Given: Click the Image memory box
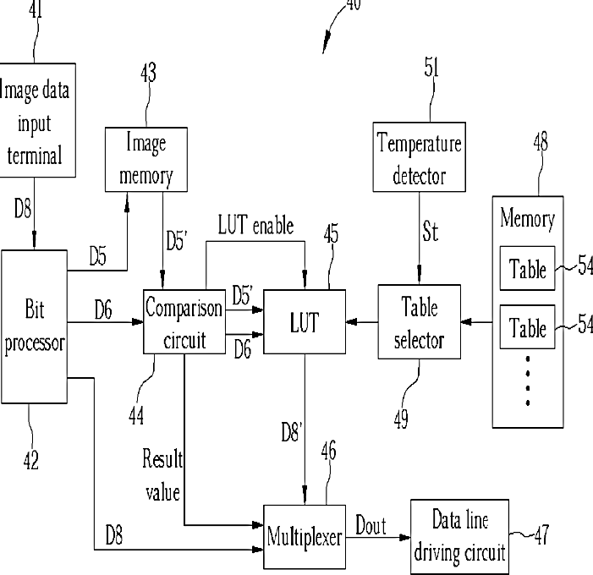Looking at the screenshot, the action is pos(146,159).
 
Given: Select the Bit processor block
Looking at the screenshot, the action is pos(35,326).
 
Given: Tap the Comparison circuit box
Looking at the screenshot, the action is pos(184,321).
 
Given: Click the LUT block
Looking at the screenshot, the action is pos(305,321).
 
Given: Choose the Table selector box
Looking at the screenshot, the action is pos(420,321).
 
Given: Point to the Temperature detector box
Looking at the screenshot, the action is pos(419,157).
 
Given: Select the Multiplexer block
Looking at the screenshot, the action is pos(305,536).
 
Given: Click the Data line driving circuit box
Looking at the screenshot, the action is pos(459,537).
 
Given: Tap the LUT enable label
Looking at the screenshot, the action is pos(255,225).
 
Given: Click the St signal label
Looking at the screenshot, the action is pos(431,232).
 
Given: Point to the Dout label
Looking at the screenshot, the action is pos(371,526).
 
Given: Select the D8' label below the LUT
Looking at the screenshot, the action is pos(292,432).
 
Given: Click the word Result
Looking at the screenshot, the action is pos(162,458).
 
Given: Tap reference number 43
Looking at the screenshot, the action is pos(148,73).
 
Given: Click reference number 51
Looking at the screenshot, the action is pos(431,68).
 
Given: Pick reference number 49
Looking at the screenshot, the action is pos(401,419).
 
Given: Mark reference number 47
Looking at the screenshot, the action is pos(541,535).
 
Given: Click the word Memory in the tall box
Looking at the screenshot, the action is pos(528,219).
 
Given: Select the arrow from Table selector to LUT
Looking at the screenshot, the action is pos(362,322).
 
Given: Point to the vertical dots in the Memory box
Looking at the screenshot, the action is pos(528,381).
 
